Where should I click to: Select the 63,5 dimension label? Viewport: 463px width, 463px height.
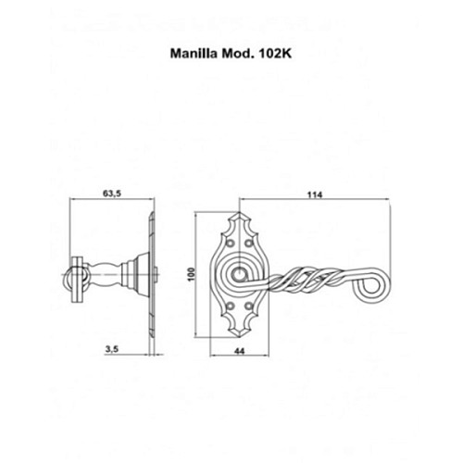(113, 195)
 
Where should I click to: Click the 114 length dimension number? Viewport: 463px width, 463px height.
(319, 195)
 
